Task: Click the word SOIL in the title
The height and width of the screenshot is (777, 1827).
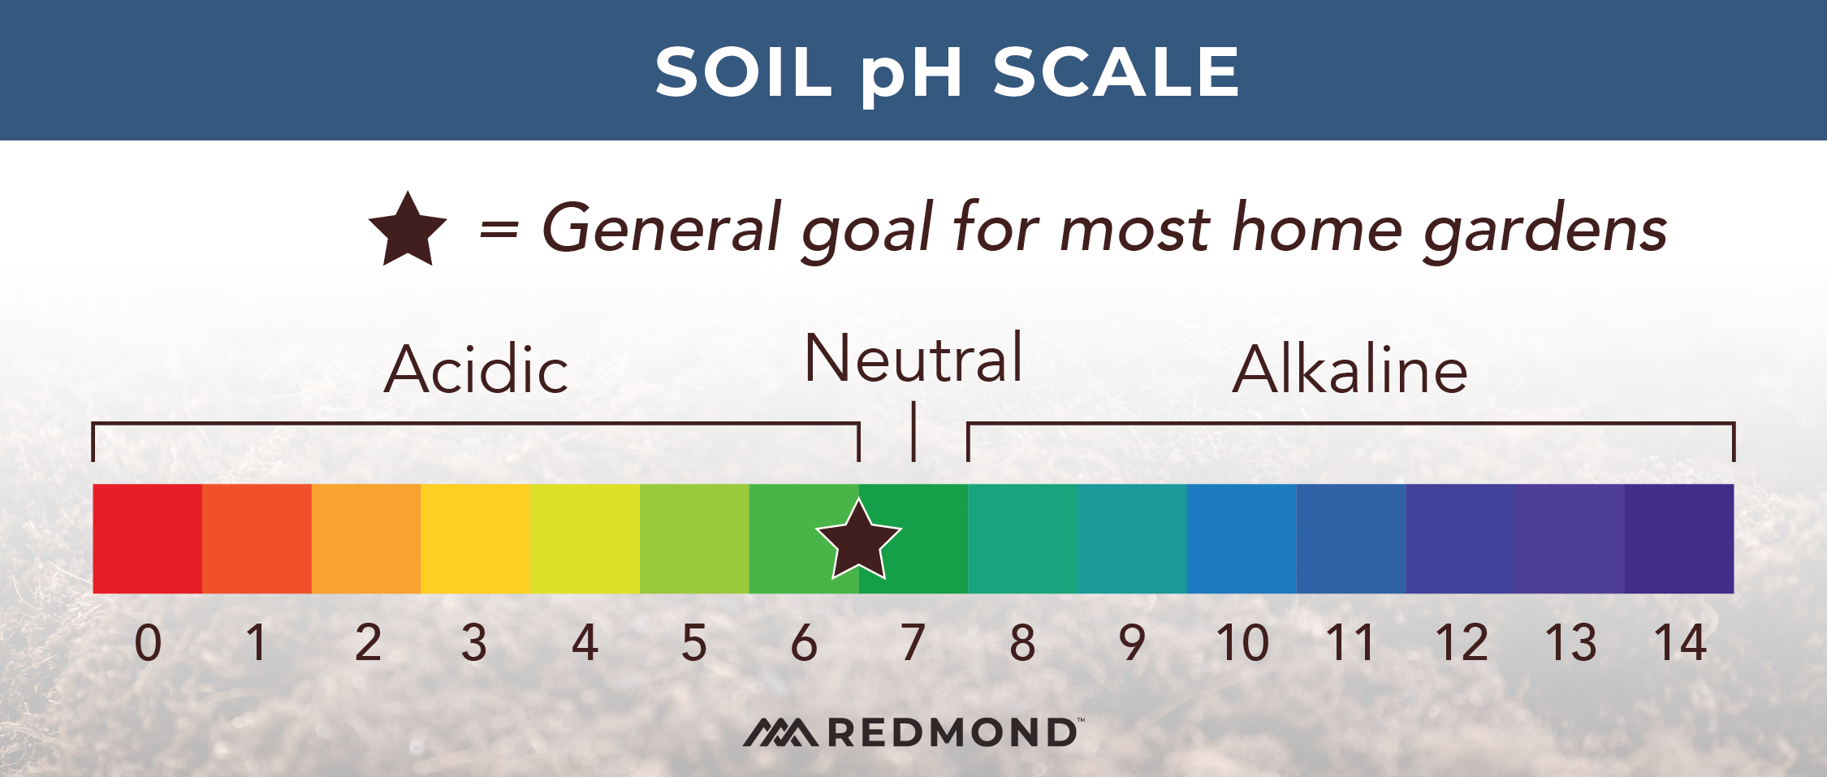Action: pyautogui.click(x=743, y=71)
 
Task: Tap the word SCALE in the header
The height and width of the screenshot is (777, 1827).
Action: pyautogui.click(x=1116, y=71)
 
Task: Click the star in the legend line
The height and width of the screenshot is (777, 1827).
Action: pyautogui.click(x=408, y=231)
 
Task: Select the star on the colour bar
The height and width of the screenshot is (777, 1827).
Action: pyautogui.click(x=858, y=541)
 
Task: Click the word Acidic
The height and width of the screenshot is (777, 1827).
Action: pyautogui.click(x=476, y=370)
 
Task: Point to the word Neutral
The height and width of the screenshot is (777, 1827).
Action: pyautogui.click(x=913, y=359)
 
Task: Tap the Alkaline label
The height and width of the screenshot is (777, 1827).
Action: pyautogui.click(x=1350, y=370)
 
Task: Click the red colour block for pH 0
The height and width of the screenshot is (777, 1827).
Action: pyautogui.click(x=147, y=538)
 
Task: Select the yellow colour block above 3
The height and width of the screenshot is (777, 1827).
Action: pyautogui.click(x=475, y=538)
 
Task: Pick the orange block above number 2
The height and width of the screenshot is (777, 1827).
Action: pyautogui.click(x=366, y=538)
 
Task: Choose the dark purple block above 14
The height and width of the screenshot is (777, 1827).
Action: pyautogui.click(x=1679, y=538)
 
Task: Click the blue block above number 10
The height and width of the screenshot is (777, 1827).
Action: pyautogui.click(x=1242, y=538)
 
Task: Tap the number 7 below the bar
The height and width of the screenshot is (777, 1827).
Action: pyautogui.click(x=913, y=643)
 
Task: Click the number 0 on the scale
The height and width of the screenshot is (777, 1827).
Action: pyautogui.click(x=148, y=643)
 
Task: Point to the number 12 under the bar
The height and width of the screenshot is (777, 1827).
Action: pyautogui.click(x=1461, y=643)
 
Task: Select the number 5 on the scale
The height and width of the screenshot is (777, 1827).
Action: pyautogui.click(x=694, y=643)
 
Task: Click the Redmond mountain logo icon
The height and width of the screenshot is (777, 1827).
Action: pyautogui.click(x=780, y=732)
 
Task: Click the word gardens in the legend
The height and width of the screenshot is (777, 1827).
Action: pyautogui.click(x=1544, y=230)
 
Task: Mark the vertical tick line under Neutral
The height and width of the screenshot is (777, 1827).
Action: pyautogui.click(x=914, y=430)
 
